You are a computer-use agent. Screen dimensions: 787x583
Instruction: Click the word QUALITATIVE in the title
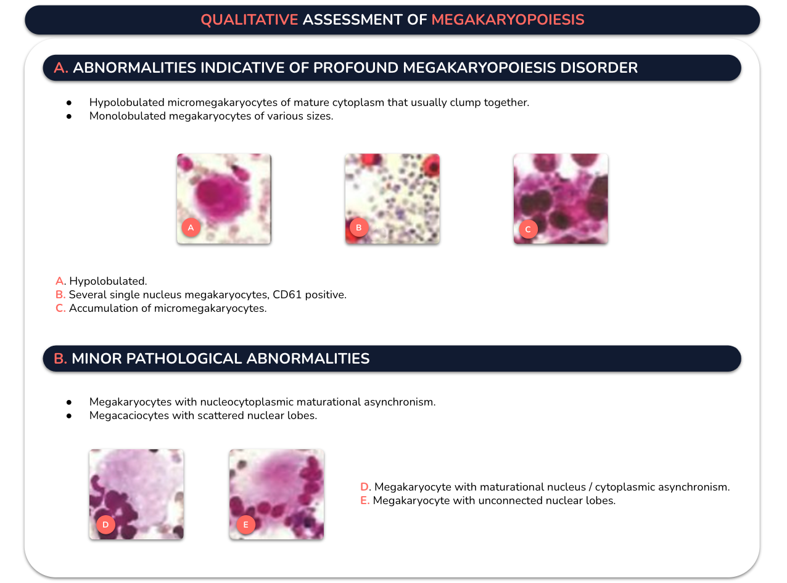(249, 20)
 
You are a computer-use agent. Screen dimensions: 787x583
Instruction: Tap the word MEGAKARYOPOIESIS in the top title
(508, 20)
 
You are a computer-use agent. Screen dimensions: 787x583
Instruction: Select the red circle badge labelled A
(191, 227)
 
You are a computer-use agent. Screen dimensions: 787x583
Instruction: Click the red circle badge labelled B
(359, 227)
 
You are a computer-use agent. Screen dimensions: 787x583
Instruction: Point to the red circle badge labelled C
(528, 229)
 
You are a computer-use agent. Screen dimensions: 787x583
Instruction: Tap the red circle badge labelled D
(105, 524)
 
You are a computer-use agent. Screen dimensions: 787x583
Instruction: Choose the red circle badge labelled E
(245, 524)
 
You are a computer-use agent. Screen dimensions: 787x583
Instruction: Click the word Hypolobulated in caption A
(107, 281)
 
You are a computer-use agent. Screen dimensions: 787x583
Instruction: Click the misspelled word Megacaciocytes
(129, 415)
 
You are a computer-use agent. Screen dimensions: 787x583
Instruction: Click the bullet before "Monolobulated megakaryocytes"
(69, 116)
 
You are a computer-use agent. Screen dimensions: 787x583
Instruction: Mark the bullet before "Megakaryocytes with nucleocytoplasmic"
(69, 402)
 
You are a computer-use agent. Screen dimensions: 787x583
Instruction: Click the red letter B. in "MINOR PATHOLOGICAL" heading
(60, 358)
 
